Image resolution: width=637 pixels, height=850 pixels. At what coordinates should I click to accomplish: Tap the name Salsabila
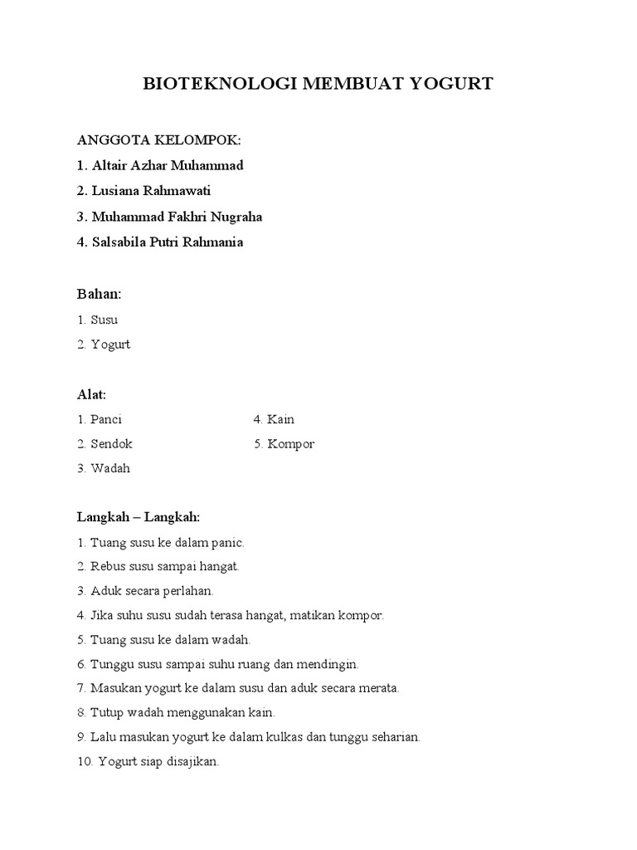coord(121,243)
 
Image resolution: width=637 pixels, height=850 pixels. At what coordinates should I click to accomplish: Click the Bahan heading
coord(99,294)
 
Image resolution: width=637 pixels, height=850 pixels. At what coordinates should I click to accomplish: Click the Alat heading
coord(91,393)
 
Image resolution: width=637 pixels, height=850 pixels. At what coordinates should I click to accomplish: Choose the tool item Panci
coord(106,419)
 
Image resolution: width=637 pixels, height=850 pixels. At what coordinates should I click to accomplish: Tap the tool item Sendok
coord(111,444)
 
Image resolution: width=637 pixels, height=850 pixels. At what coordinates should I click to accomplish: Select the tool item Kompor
coord(290,444)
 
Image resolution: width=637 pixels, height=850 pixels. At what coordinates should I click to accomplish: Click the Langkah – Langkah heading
coord(139,517)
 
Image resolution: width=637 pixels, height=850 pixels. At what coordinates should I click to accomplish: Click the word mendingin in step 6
coord(329,664)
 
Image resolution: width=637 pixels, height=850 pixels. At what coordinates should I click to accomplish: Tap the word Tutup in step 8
coord(105,712)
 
